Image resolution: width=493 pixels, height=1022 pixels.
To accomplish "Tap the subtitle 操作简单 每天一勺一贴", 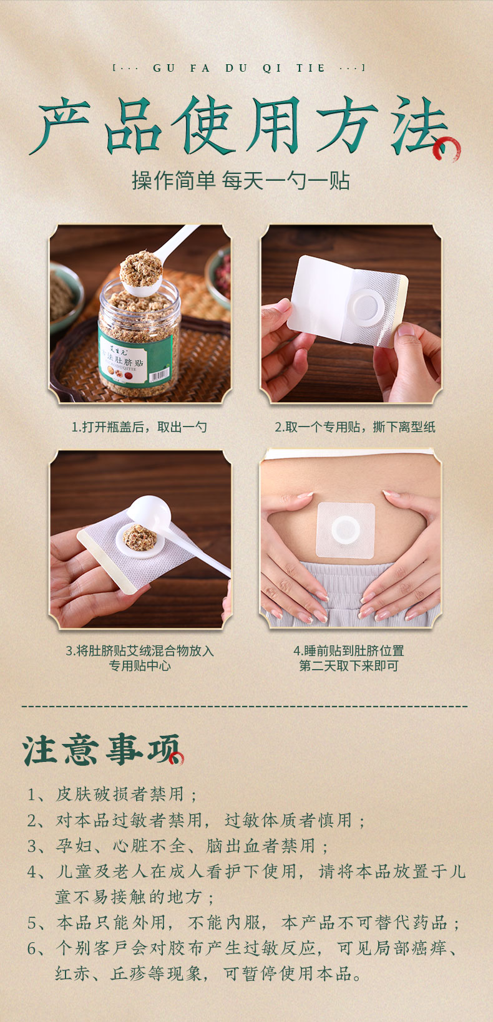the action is (241, 181).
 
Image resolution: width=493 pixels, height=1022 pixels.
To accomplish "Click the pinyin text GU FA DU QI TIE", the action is (239, 69).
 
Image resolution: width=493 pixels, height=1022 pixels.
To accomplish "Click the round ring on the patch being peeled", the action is (364, 307).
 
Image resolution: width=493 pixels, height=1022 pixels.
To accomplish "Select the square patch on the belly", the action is (346, 531).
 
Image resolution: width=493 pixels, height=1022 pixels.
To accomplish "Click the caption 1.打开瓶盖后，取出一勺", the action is (139, 427).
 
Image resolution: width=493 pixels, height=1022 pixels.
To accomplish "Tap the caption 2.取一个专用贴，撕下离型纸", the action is (354, 427).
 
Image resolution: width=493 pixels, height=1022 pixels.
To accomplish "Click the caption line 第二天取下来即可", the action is (349, 666).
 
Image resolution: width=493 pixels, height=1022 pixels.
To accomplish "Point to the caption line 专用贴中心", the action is (140, 666).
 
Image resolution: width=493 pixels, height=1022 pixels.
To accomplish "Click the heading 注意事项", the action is (101, 750).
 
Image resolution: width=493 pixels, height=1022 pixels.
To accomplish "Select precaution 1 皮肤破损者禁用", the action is (112, 794).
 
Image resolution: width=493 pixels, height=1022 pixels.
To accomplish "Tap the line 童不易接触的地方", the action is (135, 897).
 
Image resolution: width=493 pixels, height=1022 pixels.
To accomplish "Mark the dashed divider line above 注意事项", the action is (245, 706).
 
